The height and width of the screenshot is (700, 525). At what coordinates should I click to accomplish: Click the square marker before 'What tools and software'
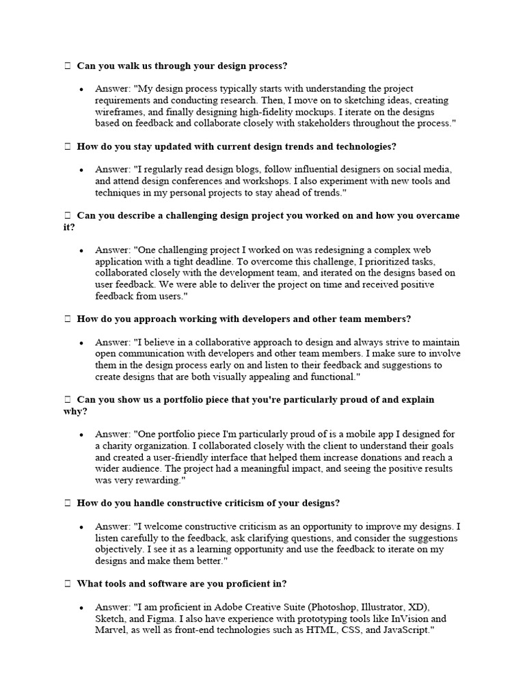[67, 584]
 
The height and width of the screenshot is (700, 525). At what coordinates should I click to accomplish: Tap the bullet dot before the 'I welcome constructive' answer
[81, 527]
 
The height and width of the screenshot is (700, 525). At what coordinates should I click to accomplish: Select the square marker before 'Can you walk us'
[67, 66]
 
